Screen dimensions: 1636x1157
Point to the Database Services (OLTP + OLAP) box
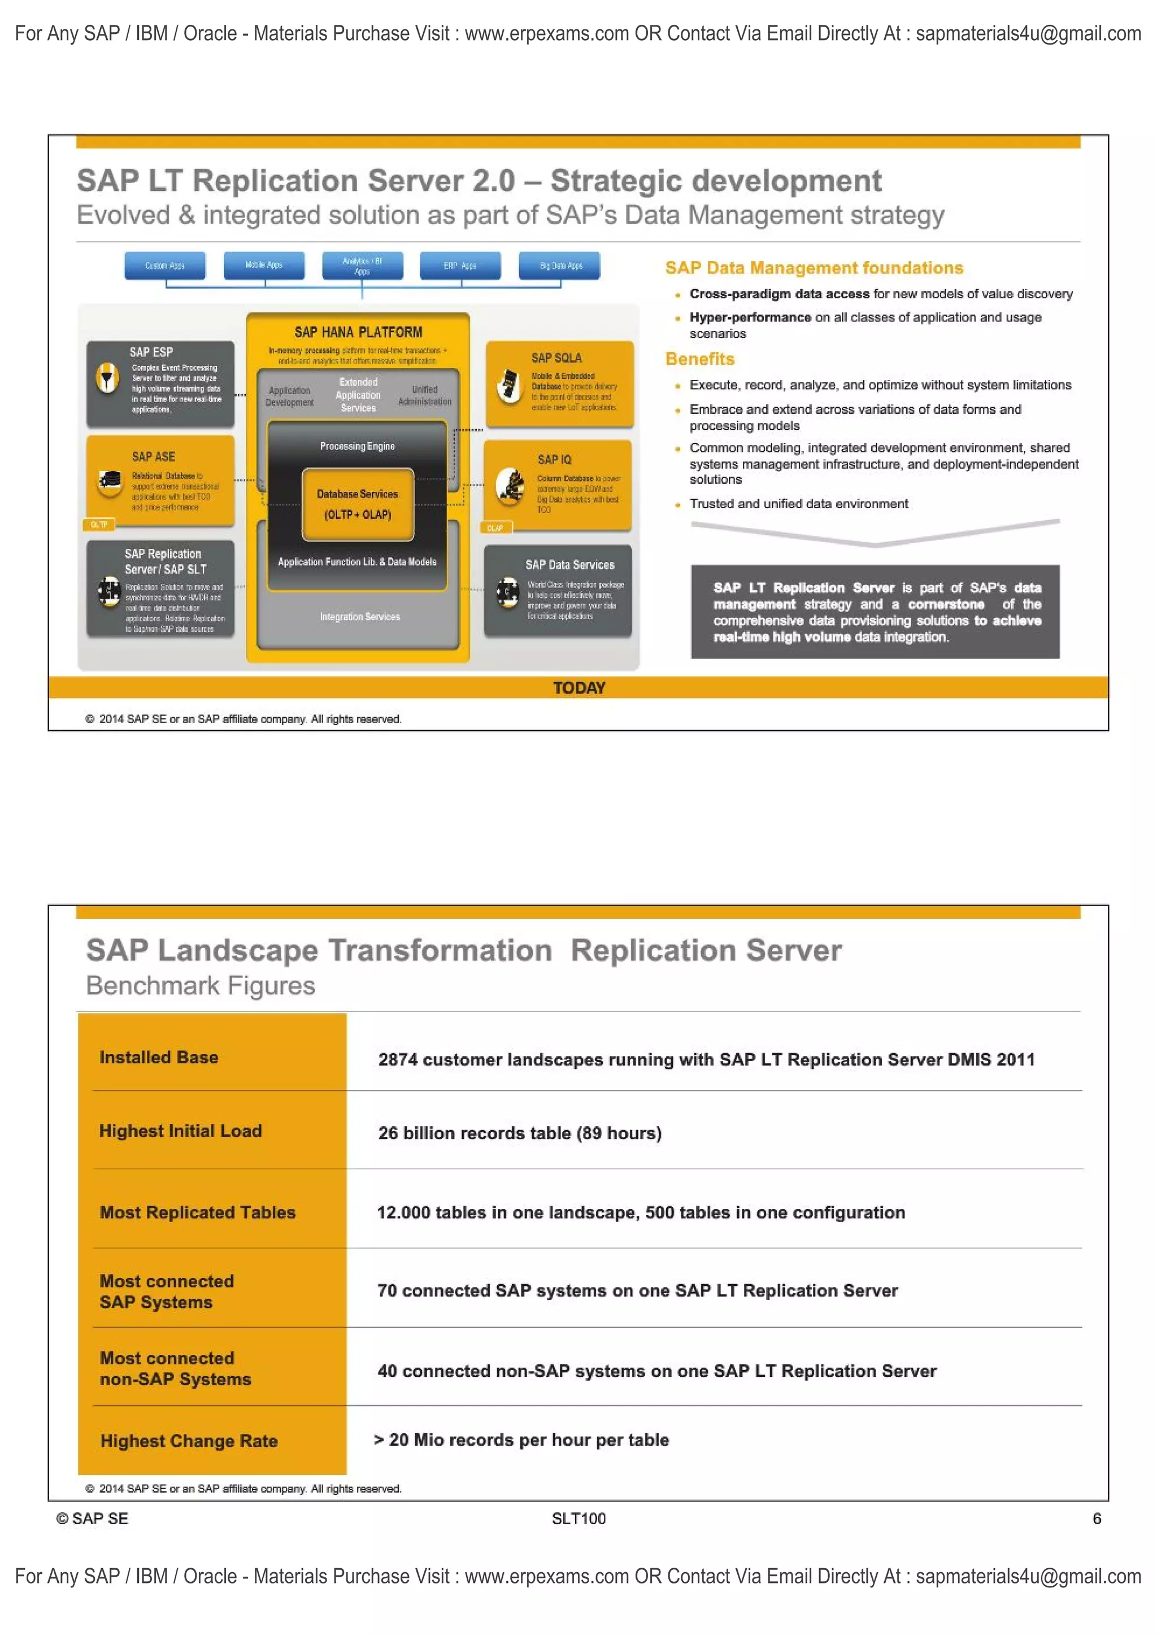tap(357, 504)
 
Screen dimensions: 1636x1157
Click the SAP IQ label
tap(554, 460)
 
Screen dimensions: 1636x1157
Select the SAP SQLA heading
tap(556, 357)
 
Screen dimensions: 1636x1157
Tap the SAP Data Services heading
tap(569, 564)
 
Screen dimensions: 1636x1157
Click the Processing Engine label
tap(357, 446)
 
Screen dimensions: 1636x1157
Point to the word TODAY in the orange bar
tap(579, 688)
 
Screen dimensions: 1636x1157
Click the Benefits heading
tap(699, 359)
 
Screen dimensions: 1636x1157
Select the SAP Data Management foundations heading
tap(814, 268)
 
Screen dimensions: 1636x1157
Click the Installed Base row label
tap(159, 1057)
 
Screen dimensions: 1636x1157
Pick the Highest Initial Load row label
tap(180, 1131)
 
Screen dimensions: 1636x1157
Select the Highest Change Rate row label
tap(189, 1441)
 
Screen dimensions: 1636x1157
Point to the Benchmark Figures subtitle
tap(201, 985)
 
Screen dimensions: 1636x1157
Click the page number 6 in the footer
tap(1097, 1519)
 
